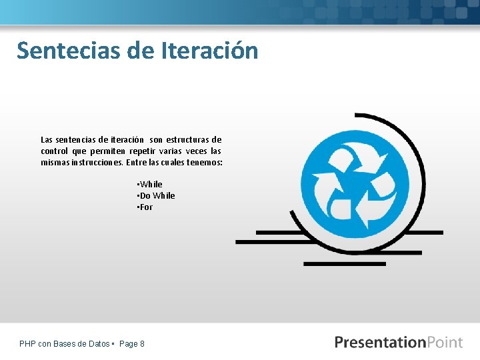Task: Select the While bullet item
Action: [x=151, y=184]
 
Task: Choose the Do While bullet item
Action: [x=157, y=195]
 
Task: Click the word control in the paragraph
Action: [x=55, y=151]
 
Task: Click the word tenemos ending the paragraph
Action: [x=203, y=163]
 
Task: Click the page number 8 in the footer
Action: [x=142, y=344]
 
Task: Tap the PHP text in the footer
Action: [x=28, y=344]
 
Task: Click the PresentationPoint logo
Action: [x=398, y=342]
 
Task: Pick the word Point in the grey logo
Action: [x=445, y=342]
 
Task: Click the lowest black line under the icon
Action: [x=344, y=264]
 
